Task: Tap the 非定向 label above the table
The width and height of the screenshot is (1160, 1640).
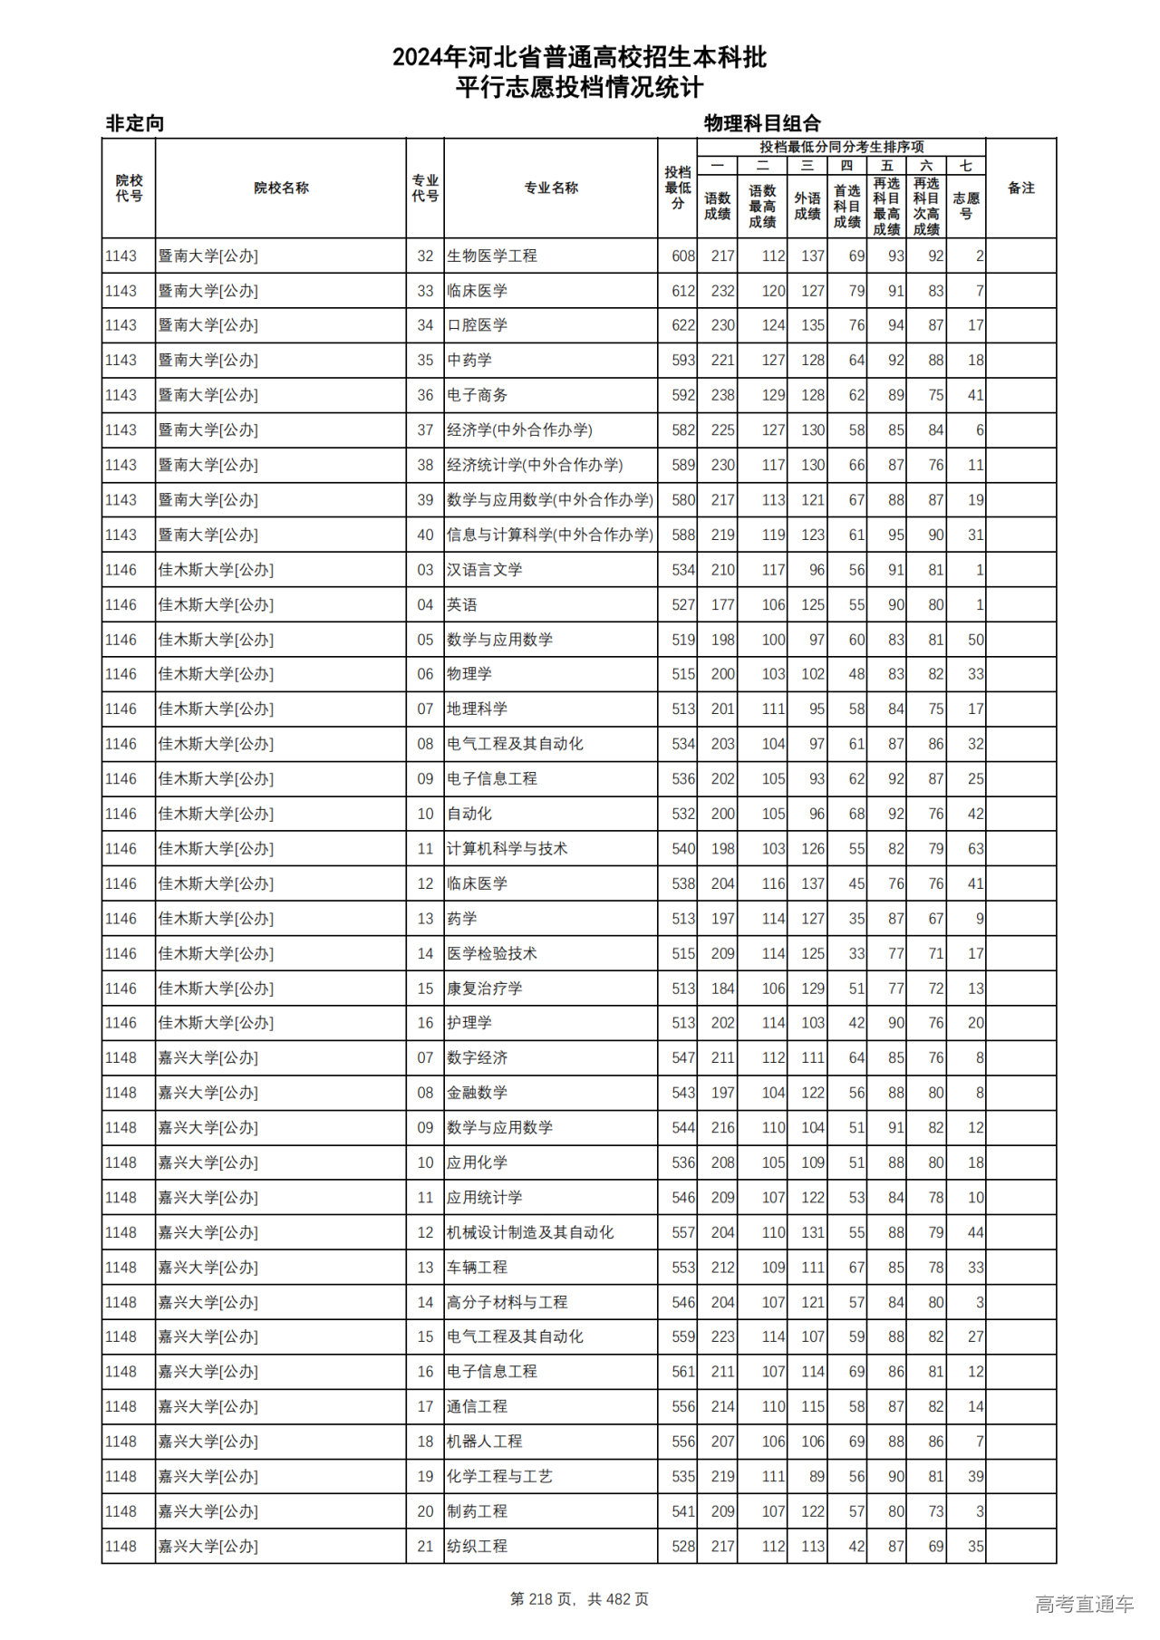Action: click(135, 123)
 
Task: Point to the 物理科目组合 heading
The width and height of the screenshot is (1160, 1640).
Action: click(762, 123)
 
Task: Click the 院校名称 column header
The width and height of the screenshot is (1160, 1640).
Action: click(281, 188)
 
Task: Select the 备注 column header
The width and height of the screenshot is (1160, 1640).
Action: click(1020, 188)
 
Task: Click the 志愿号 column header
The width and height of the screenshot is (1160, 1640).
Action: click(966, 206)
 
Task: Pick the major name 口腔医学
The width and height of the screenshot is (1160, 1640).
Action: click(478, 325)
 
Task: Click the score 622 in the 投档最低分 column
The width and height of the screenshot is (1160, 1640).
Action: click(683, 325)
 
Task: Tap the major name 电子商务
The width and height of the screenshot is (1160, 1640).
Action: click(478, 395)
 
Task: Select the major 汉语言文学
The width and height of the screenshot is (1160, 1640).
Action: click(485, 570)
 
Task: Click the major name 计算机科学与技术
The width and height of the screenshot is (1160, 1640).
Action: click(507, 849)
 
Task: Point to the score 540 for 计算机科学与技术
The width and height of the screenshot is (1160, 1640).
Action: click(683, 849)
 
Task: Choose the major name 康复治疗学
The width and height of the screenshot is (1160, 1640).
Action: click(485, 989)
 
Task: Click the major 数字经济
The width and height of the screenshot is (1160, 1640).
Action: click(478, 1058)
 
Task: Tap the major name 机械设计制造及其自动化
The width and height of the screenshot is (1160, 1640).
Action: click(530, 1232)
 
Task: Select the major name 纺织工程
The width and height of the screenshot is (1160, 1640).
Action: click(478, 1547)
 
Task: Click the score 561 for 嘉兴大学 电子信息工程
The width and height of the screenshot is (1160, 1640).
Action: click(683, 1372)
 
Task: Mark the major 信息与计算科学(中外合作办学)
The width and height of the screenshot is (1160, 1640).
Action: click(550, 535)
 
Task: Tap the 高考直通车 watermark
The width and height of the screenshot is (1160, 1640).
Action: click(1084, 1604)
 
